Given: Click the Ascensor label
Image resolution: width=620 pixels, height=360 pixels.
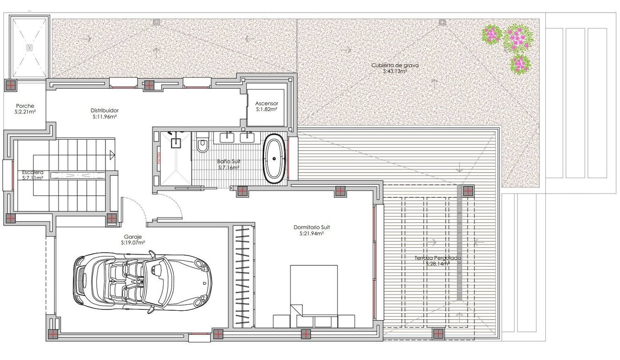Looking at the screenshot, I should pyautogui.click(x=267, y=103).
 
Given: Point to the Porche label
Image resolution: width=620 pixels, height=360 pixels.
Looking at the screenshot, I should pyautogui.click(x=24, y=106).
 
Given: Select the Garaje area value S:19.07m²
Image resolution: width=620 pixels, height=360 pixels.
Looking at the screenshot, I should pyautogui.click(x=133, y=243).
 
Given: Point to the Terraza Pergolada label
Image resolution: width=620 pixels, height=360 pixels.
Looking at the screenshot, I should pyautogui.click(x=438, y=258).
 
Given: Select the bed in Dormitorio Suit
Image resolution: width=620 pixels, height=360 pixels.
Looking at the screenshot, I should pyautogui.click(x=314, y=295).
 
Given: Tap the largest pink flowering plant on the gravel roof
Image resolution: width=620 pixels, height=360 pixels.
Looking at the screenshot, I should pyautogui.click(x=517, y=38).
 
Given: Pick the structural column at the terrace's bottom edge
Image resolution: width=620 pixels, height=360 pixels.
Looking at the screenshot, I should pyautogui.click(x=438, y=333).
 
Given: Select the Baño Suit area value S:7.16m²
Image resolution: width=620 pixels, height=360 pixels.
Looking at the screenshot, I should pyautogui.click(x=228, y=167).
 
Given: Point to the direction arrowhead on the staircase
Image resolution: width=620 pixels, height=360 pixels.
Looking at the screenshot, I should pyautogui.click(x=112, y=155).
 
